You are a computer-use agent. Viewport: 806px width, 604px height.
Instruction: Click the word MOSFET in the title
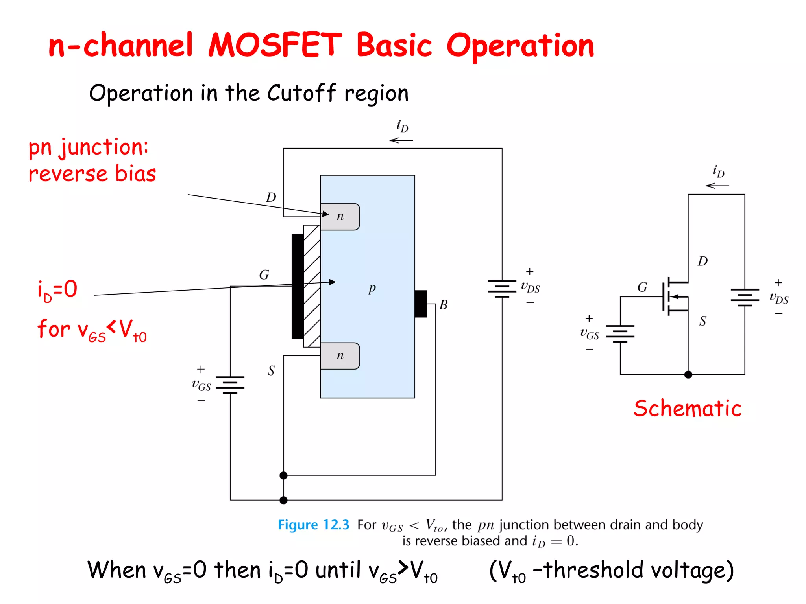tap(275, 45)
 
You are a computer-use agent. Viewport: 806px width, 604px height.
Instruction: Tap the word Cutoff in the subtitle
tap(301, 93)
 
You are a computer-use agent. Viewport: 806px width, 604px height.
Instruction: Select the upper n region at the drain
tap(340, 217)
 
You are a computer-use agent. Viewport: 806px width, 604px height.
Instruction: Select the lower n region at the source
tap(340, 356)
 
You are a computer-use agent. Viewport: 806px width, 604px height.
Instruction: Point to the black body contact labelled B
tap(421, 304)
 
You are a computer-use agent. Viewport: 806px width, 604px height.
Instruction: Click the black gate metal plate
tap(298, 286)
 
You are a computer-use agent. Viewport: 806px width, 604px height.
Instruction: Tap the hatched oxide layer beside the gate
tap(312, 286)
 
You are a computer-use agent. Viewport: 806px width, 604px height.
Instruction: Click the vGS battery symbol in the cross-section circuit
tap(230, 385)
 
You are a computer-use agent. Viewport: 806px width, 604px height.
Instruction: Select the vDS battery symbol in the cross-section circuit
tap(502, 289)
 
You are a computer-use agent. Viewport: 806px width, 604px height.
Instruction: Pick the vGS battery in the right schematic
tap(620, 334)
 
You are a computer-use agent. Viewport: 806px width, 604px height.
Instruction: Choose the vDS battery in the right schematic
tap(745, 297)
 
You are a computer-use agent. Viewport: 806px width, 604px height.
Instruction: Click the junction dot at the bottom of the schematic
tap(688, 375)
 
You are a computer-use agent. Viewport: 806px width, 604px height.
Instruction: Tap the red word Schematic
tap(687, 408)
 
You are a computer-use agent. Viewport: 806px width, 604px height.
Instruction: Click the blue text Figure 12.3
tap(313, 525)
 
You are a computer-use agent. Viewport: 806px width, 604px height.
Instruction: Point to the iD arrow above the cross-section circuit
tap(401, 140)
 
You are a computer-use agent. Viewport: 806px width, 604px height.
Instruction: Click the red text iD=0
tap(57, 290)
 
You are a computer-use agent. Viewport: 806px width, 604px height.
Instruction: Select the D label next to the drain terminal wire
tap(271, 197)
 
